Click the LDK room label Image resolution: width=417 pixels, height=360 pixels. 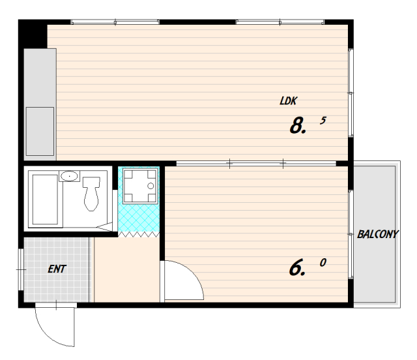(x=289, y=101)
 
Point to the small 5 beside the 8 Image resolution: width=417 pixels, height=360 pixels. (x=323, y=121)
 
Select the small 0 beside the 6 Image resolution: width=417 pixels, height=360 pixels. (x=323, y=263)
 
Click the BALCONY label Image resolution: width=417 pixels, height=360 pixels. (x=378, y=234)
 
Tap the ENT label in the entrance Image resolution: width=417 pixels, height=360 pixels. (x=57, y=269)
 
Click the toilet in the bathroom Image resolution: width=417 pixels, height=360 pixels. (x=91, y=194)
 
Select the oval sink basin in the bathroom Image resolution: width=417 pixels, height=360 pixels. (x=70, y=176)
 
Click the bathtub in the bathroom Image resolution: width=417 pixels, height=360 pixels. (x=45, y=200)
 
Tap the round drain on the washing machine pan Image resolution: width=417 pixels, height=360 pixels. (x=151, y=186)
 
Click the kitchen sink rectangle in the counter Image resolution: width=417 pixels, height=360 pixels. (x=40, y=131)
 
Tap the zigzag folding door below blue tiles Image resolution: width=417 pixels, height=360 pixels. (x=139, y=234)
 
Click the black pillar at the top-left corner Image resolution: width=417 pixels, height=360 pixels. (x=33, y=34)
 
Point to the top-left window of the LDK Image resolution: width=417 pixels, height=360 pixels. (x=115, y=22)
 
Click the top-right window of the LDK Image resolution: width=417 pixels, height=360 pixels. (x=280, y=22)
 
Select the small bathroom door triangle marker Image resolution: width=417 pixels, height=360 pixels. (x=104, y=227)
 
